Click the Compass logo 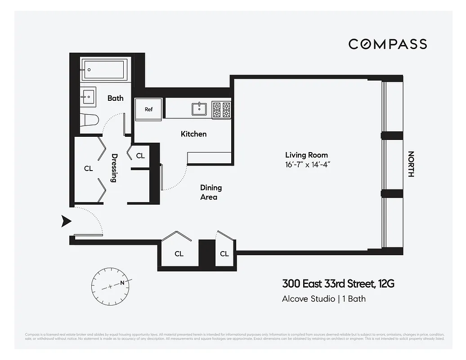(x=387, y=44)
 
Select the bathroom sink (x=88, y=96)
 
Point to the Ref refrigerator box (x=148, y=109)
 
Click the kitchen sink (x=199, y=108)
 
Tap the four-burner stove (x=221, y=109)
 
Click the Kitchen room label (x=193, y=134)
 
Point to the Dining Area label (x=211, y=192)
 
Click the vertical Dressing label (x=114, y=168)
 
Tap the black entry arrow (x=67, y=220)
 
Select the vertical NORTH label (x=410, y=164)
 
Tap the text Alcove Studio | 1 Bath (x=323, y=298)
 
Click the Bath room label (x=115, y=98)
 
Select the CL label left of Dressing (x=88, y=168)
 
